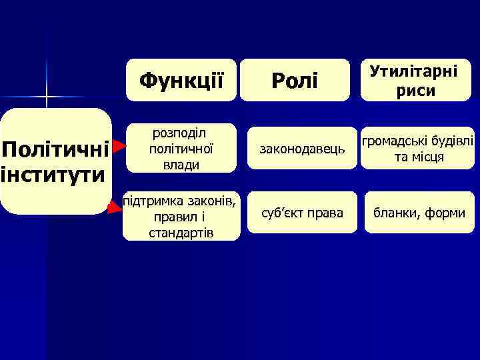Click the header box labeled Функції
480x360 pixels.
[x=181, y=80]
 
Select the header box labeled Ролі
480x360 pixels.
[x=294, y=80]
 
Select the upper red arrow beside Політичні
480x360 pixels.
[x=119, y=145]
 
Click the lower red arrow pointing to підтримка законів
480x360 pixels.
[x=115, y=207]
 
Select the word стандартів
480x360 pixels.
[x=181, y=232]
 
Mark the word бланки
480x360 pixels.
[x=399, y=213]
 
